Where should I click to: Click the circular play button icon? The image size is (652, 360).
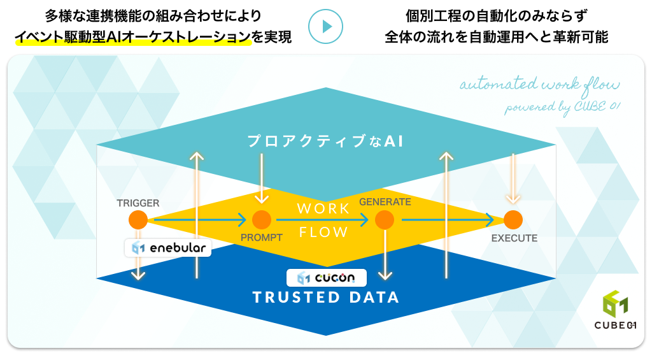(x=325, y=27)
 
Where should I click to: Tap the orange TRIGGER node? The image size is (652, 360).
(x=138, y=220)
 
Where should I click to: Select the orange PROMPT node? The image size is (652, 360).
(x=262, y=220)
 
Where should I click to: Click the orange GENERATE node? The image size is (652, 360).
(x=385, y=220)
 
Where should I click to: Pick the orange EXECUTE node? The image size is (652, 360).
(x=513, y=220)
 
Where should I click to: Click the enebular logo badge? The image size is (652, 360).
(x=168, y=248)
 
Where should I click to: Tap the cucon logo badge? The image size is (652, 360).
(x=327, y=278)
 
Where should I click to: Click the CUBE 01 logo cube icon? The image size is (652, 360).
(x=615, y=304)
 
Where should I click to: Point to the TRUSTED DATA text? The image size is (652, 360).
(x=326, y=298)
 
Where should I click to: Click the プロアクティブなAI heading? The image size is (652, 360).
(x=325, y=141)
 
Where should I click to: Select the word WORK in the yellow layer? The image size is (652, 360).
(x=323, y=208)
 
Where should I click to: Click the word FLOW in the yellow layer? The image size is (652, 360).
(x=323, y=232)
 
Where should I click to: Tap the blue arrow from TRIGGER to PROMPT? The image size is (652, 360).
(x=200, y=220)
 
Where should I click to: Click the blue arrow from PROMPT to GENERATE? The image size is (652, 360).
(x=322, y=220)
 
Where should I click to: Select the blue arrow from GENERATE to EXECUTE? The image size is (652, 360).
(x=448, y=220)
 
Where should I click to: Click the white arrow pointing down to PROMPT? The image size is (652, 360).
(x=262, y=178)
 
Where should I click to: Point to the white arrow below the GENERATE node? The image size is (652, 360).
(x=385, y=255)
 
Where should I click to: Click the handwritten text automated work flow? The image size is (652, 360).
(x=539, y=85)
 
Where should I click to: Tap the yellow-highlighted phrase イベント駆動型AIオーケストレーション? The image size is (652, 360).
(x=133, y=37)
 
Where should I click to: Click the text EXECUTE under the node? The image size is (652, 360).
(x=514, y=238)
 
